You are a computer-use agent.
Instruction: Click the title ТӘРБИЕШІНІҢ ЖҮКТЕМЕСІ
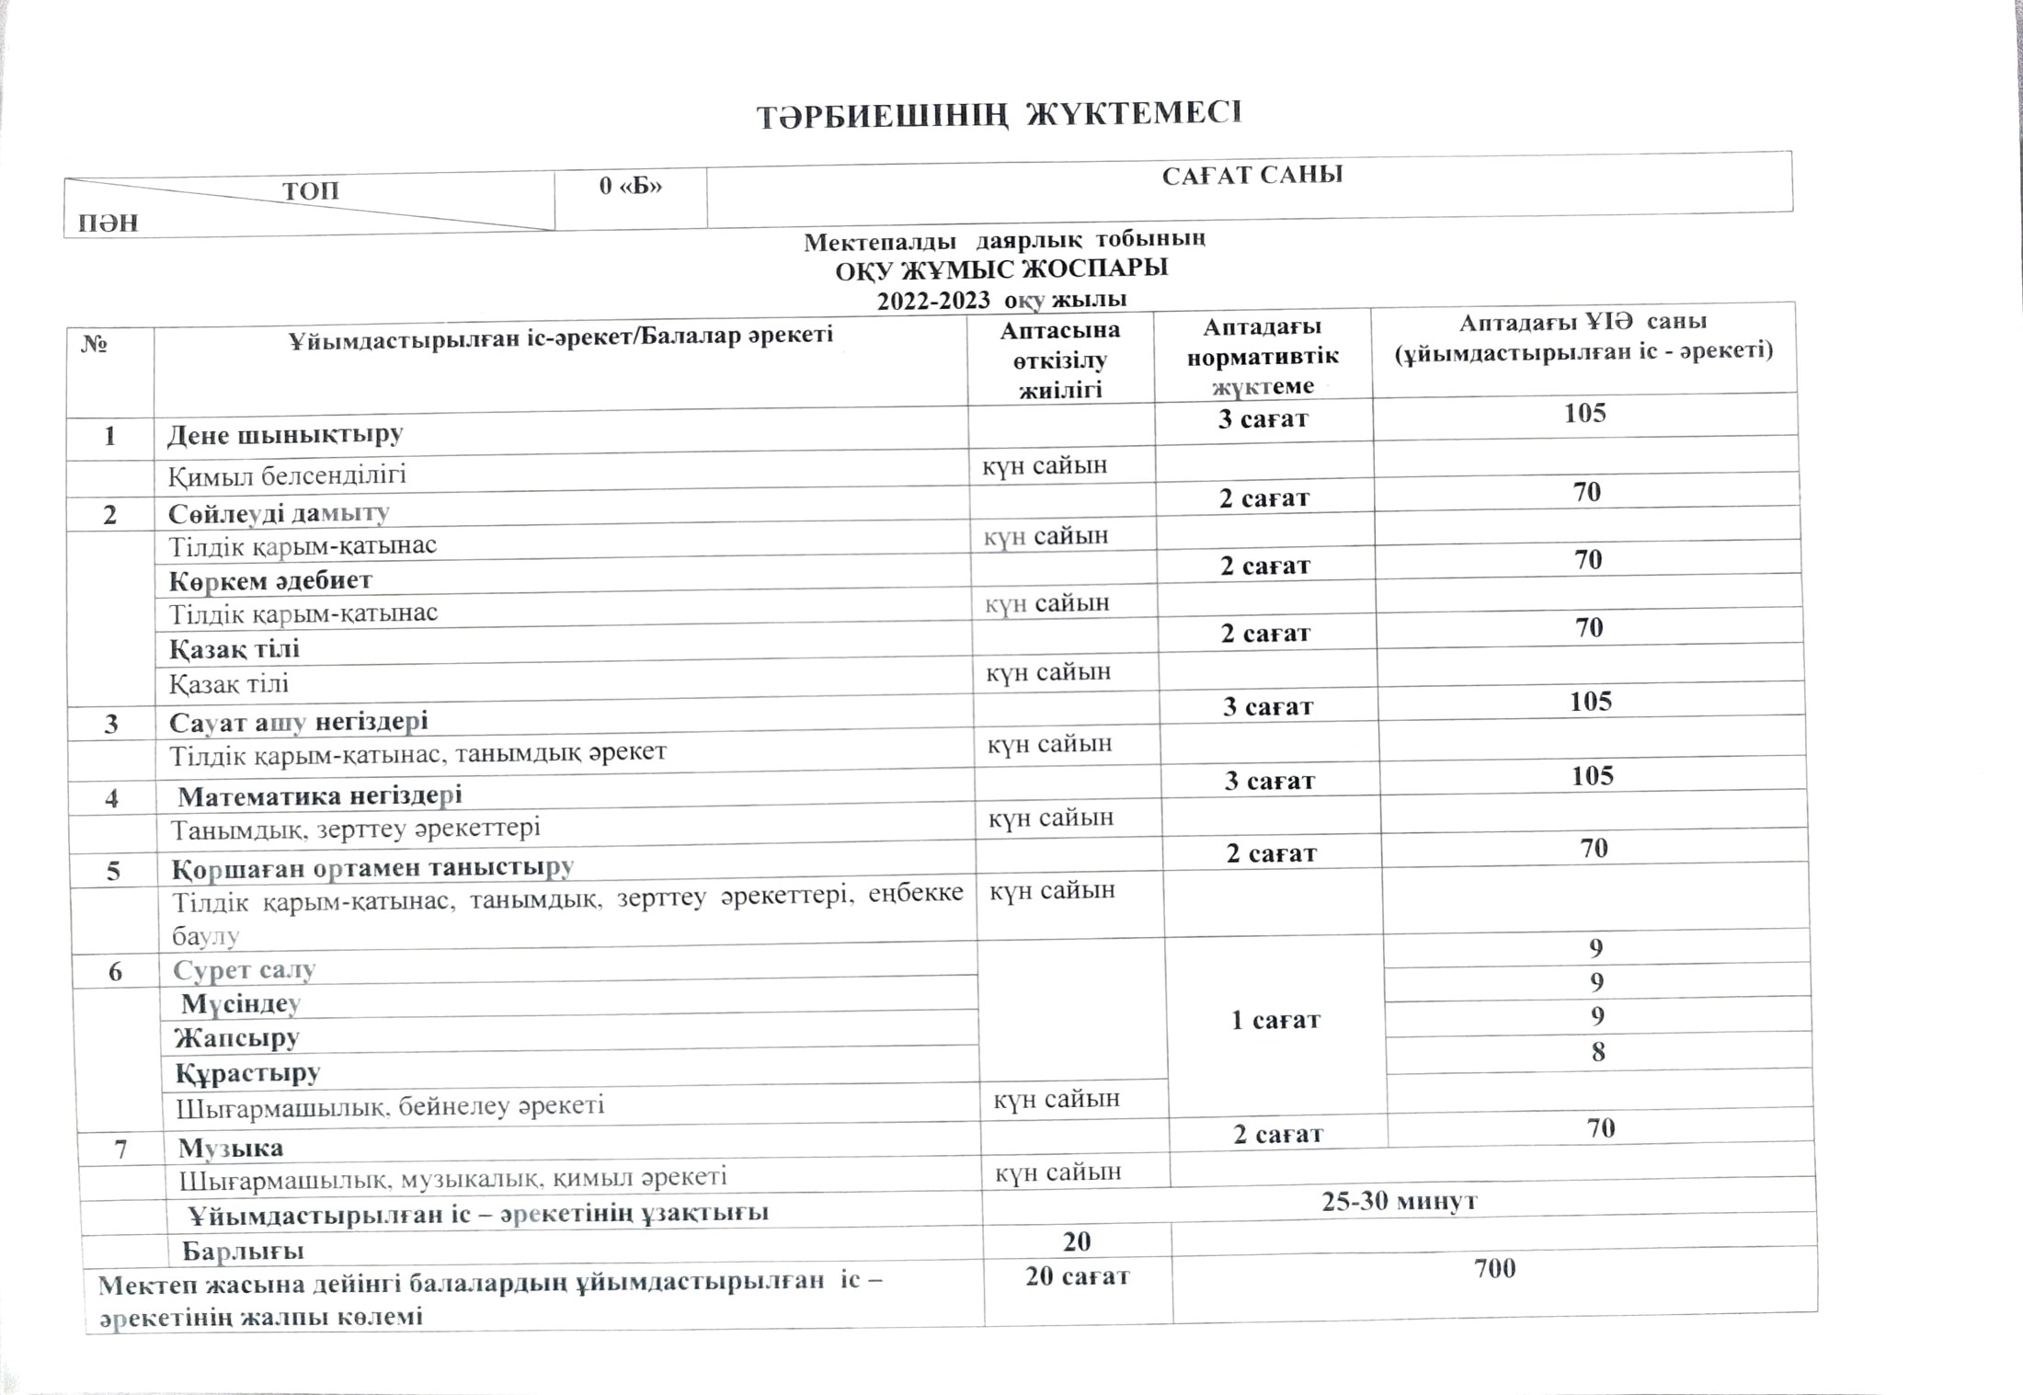click(999, 116)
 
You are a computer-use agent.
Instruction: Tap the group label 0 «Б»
click(630, 186)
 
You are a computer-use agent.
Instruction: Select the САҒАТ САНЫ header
click(1252, 176)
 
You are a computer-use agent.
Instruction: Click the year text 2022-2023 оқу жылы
click(1001, 300)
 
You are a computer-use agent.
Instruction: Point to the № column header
click(95, 345)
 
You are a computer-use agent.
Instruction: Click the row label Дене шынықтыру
click(285, 435)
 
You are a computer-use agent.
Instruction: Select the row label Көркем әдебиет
click(270, 581)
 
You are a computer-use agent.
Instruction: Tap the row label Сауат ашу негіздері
click(299, 722)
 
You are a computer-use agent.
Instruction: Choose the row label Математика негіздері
click(319, 795)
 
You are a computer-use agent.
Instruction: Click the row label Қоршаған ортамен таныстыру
click(372, 868)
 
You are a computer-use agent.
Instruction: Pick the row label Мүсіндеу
click(241, 1003)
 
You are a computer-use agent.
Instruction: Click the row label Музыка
click(231, 1148)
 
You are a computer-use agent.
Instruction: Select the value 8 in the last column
click(1598, 1051)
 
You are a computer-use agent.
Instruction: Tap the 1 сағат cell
click(1275, 1020)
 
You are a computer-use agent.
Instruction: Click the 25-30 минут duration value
click(1399, 1201)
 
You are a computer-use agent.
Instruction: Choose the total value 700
click(1494, 1269)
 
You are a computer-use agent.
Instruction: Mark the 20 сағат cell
click(1077, 1276)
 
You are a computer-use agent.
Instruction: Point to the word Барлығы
click(243, 1251)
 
